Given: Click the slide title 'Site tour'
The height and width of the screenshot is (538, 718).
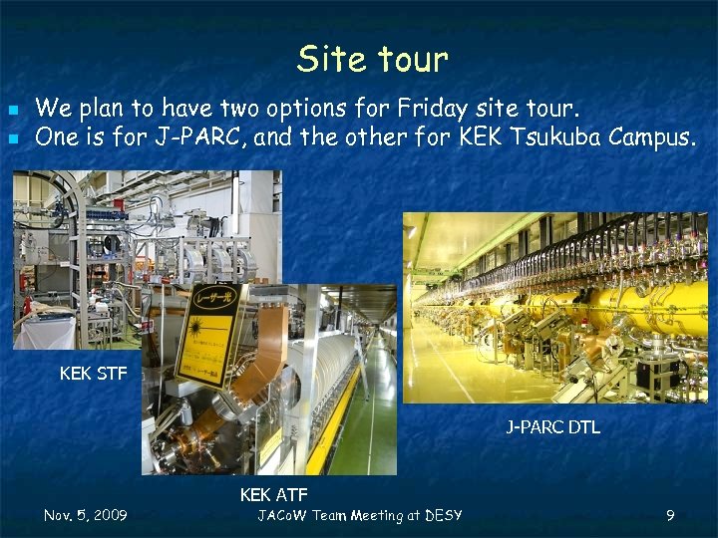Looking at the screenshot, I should tap(372, 60).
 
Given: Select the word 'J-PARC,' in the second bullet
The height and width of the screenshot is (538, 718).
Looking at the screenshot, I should tap(200, 137).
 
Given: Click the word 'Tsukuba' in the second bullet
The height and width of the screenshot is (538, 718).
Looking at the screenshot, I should tap(554, 137).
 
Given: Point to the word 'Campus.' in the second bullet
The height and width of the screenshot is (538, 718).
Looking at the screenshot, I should tap(651, 137).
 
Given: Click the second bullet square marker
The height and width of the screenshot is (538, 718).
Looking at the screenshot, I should tap(13, 138).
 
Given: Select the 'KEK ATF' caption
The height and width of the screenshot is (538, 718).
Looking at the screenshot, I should tap(273, 494).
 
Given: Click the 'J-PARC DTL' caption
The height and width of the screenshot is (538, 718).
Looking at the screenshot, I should tap(552, 427).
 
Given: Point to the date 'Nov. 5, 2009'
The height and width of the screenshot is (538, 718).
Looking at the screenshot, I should tap(86, 515).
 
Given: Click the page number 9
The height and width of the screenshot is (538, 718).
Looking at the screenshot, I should tap(670, 515).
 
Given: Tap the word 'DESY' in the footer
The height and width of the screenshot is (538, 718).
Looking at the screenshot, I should tap(443, 515).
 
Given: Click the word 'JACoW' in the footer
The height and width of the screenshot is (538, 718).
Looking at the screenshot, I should tap(282, 515).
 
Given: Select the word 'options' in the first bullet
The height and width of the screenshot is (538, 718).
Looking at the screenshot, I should tap(334, 108).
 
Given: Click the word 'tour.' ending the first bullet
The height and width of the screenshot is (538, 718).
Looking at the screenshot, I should tap(553, 108).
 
